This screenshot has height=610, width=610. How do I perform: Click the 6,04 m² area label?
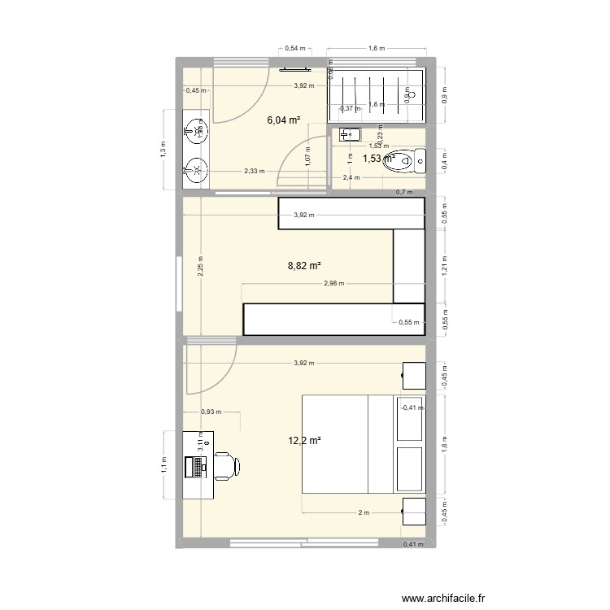[x=284, y=120]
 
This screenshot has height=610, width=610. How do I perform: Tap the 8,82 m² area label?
[x=305, y=265]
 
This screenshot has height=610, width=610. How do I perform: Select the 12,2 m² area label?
[x=304, y=441]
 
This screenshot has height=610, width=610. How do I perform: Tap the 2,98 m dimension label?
[x=333, y=284]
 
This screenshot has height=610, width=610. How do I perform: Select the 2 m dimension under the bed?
[x=363, y=512]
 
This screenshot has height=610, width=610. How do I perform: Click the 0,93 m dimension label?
[x=211, y=412]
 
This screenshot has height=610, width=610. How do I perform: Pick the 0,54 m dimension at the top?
[x=295, y=49]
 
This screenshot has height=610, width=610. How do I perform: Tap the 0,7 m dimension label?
[x=404, y=193]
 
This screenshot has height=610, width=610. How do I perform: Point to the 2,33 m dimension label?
[x=254, y=171]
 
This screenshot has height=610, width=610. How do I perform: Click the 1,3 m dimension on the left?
[x=163, y=149]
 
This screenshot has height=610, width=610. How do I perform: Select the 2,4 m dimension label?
[x=351, y=177]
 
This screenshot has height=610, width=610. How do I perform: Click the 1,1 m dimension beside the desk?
[x=163, y=464]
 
